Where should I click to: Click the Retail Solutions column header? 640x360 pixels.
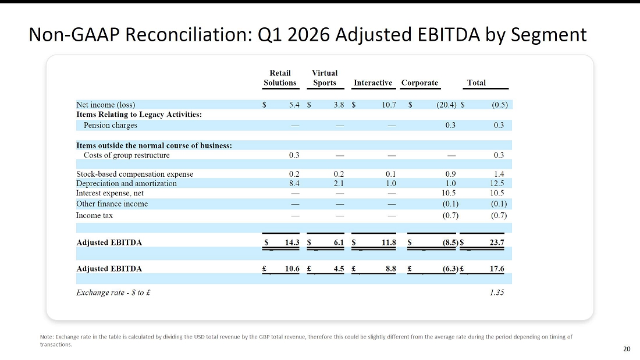tap(280, 78)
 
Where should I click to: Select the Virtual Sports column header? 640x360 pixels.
tap(325, 78)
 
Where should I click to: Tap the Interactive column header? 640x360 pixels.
tap(372, 83)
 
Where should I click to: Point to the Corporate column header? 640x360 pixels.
tap(419, 83)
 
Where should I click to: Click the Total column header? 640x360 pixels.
tap(477, 83)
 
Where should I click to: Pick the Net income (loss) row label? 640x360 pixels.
tap(105, 105)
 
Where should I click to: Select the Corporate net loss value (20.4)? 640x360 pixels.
tap(446, 105)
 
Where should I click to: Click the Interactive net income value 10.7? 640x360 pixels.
tap(389, 105)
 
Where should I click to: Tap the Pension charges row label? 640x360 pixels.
tap(110, 125)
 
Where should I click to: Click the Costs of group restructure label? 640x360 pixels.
tap(126, 155)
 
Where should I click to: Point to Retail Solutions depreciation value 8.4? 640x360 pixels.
tap(294, 184)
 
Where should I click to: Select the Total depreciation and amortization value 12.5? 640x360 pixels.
tap(497, 184)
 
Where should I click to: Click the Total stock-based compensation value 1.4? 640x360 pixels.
tap(499, 174)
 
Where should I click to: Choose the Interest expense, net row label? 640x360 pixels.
tap(110, 193)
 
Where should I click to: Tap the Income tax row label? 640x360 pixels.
tap(94, 216)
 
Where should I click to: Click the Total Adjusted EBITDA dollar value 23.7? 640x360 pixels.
tap(497, 243)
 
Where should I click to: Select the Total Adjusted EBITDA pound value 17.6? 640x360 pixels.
tap(497, 269)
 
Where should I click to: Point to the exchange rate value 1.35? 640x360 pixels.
tap(497, 293)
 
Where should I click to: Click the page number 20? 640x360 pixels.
tap(627, 349)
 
